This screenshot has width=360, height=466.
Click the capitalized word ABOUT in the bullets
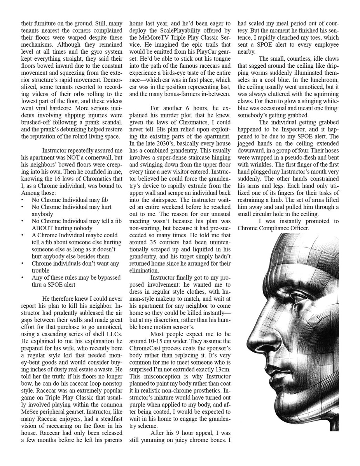click(x=44, y=228)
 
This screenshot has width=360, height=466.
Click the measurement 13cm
click(x=222, y=369)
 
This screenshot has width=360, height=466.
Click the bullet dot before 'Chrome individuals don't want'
click(x=23, y=264)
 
